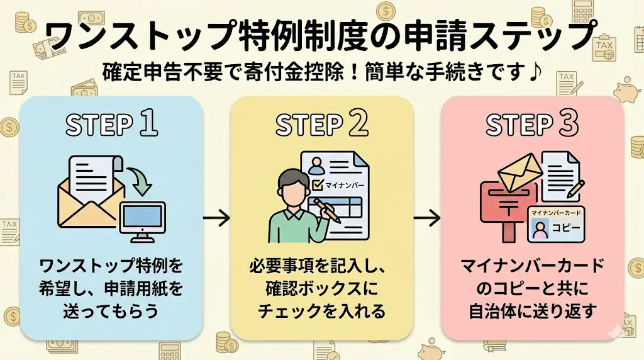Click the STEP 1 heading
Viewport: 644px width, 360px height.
pyautogui.click(x=111, y=125)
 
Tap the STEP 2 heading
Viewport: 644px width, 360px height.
pyautogui.click(x=321, y=125)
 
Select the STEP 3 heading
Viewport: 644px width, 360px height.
pyautogui.click(x=532, y=125)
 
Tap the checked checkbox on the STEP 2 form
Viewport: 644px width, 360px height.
pyautogui.click(x=317, y=186)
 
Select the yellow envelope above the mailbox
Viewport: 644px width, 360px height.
pyautogui.click(x=519, y=169)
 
